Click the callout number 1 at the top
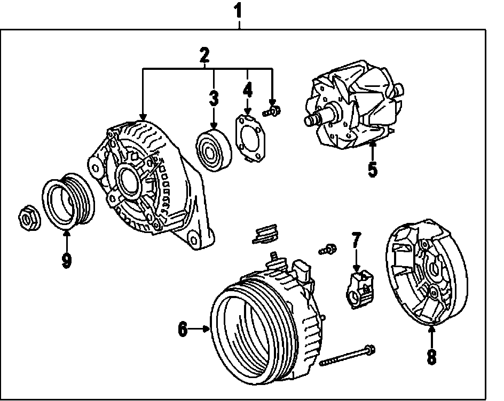click(239, 10)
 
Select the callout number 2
click(204, 54)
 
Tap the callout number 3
click(214, 98)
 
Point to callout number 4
click(247, 89)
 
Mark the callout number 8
click(432, 356)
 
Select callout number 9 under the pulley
click(66, 261)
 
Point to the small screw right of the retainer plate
click(274, 111)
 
